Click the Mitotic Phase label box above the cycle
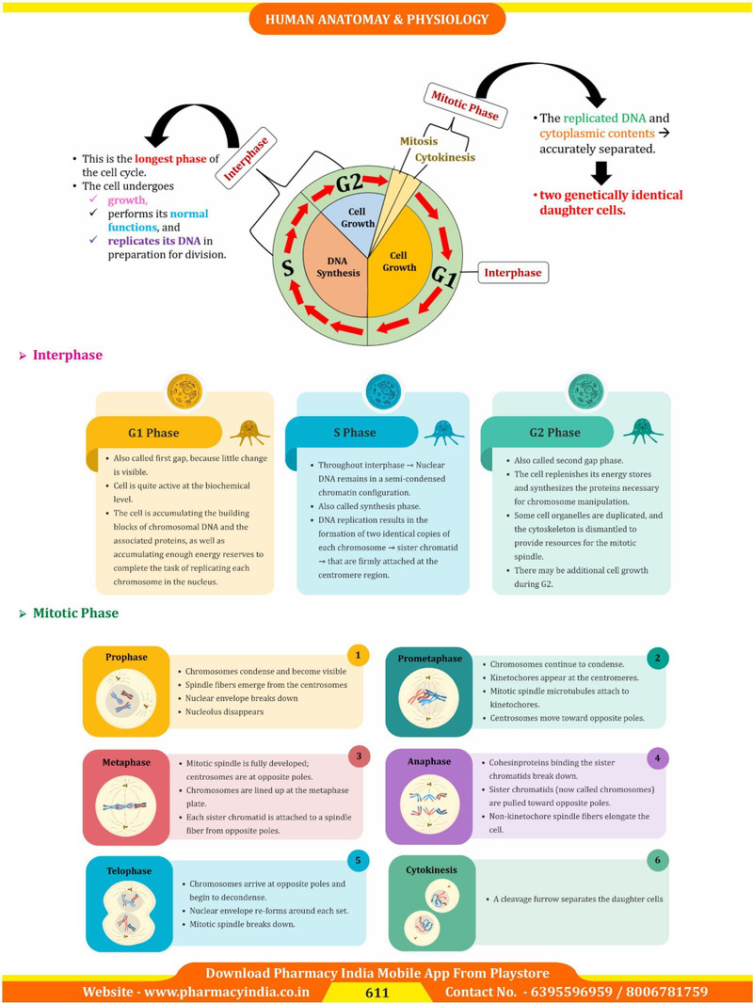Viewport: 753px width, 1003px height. click(465, 105)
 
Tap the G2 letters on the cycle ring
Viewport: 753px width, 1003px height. click(348, 183)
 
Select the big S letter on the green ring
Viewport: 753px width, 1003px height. click(289, 266)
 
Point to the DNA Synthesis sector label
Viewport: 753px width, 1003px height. click(338, 266)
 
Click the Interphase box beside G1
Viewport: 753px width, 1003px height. click(512, 273)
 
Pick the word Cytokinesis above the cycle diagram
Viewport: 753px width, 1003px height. click(445, 157)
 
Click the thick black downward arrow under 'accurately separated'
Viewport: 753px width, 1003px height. click(601, 173)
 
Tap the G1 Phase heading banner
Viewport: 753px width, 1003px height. click(153, 433)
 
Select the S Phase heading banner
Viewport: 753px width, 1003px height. click(354, 433)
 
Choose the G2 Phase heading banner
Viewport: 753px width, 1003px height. click(554, 433)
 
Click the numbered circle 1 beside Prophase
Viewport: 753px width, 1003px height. click(359, 655)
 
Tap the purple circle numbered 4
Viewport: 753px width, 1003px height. click(658, 758)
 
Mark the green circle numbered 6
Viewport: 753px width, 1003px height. click(658, 860)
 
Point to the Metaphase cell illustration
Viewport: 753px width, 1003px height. click(126, 806)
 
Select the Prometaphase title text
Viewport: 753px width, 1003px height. click(430, 659)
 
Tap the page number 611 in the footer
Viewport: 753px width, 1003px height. click(377, 992)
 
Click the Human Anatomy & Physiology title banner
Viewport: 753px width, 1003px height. click(376, 19)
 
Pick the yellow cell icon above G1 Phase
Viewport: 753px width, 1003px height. click(184, 391)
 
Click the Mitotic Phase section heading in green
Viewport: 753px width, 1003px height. click(75, 613)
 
